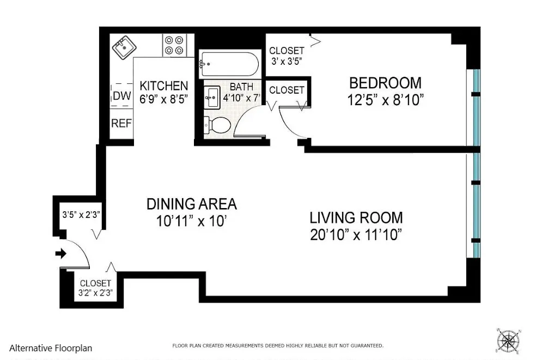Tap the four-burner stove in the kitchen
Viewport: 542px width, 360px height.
click(x=174, y=45)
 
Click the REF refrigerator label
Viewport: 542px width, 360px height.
click(x=121, y=124)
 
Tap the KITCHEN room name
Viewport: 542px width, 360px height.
click(x=163, y=86)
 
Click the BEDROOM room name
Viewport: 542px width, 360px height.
click(x=385, y=83)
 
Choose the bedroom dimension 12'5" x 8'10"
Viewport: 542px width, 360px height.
click(x=385, y=100)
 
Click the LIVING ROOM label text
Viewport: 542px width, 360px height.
click(x=356, y=218)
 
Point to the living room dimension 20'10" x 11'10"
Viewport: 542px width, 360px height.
click(x=356, y=235)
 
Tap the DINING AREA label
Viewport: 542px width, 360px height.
click(x=192, y=204)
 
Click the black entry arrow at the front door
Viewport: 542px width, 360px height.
click(x=60, y=253)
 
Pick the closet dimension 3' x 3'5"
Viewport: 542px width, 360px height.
click(x=287, y=61)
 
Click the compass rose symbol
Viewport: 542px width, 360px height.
click(x=508, y=340)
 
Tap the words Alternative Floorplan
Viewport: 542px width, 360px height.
click(x=51, y=348)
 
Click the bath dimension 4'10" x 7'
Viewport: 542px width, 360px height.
click(x=241, y=98)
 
